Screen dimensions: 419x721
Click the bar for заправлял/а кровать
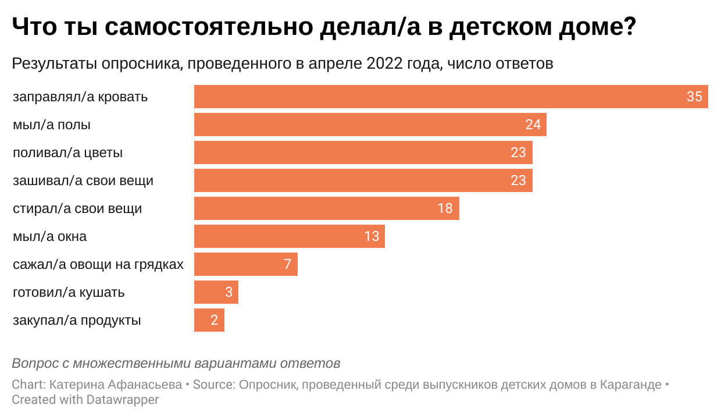click(451, 97)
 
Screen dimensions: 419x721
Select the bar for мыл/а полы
click(370, 125)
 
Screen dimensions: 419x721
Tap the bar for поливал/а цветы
click(363, 152)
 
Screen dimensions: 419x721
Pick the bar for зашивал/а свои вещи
click(363, 180)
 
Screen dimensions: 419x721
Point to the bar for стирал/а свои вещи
click(326, 208)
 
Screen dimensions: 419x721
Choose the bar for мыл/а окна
click(289, 236)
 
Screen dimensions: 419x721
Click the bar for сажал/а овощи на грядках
click(245, 264)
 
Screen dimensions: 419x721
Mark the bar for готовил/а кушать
click(216, 292)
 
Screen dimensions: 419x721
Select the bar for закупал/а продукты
click(209, 320)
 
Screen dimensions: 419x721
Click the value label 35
click(694, 97)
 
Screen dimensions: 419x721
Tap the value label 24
click(533, 125)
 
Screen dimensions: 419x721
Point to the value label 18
click(445, 208)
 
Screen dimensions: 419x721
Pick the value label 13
click(371, 236)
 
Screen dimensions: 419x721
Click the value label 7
click(287, 264)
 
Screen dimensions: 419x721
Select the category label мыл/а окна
click(50, 237)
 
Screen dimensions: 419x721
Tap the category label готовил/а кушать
click(69, 293)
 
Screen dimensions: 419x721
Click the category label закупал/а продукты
click(77, 321)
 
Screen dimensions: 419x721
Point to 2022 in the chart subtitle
click(384, 63)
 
